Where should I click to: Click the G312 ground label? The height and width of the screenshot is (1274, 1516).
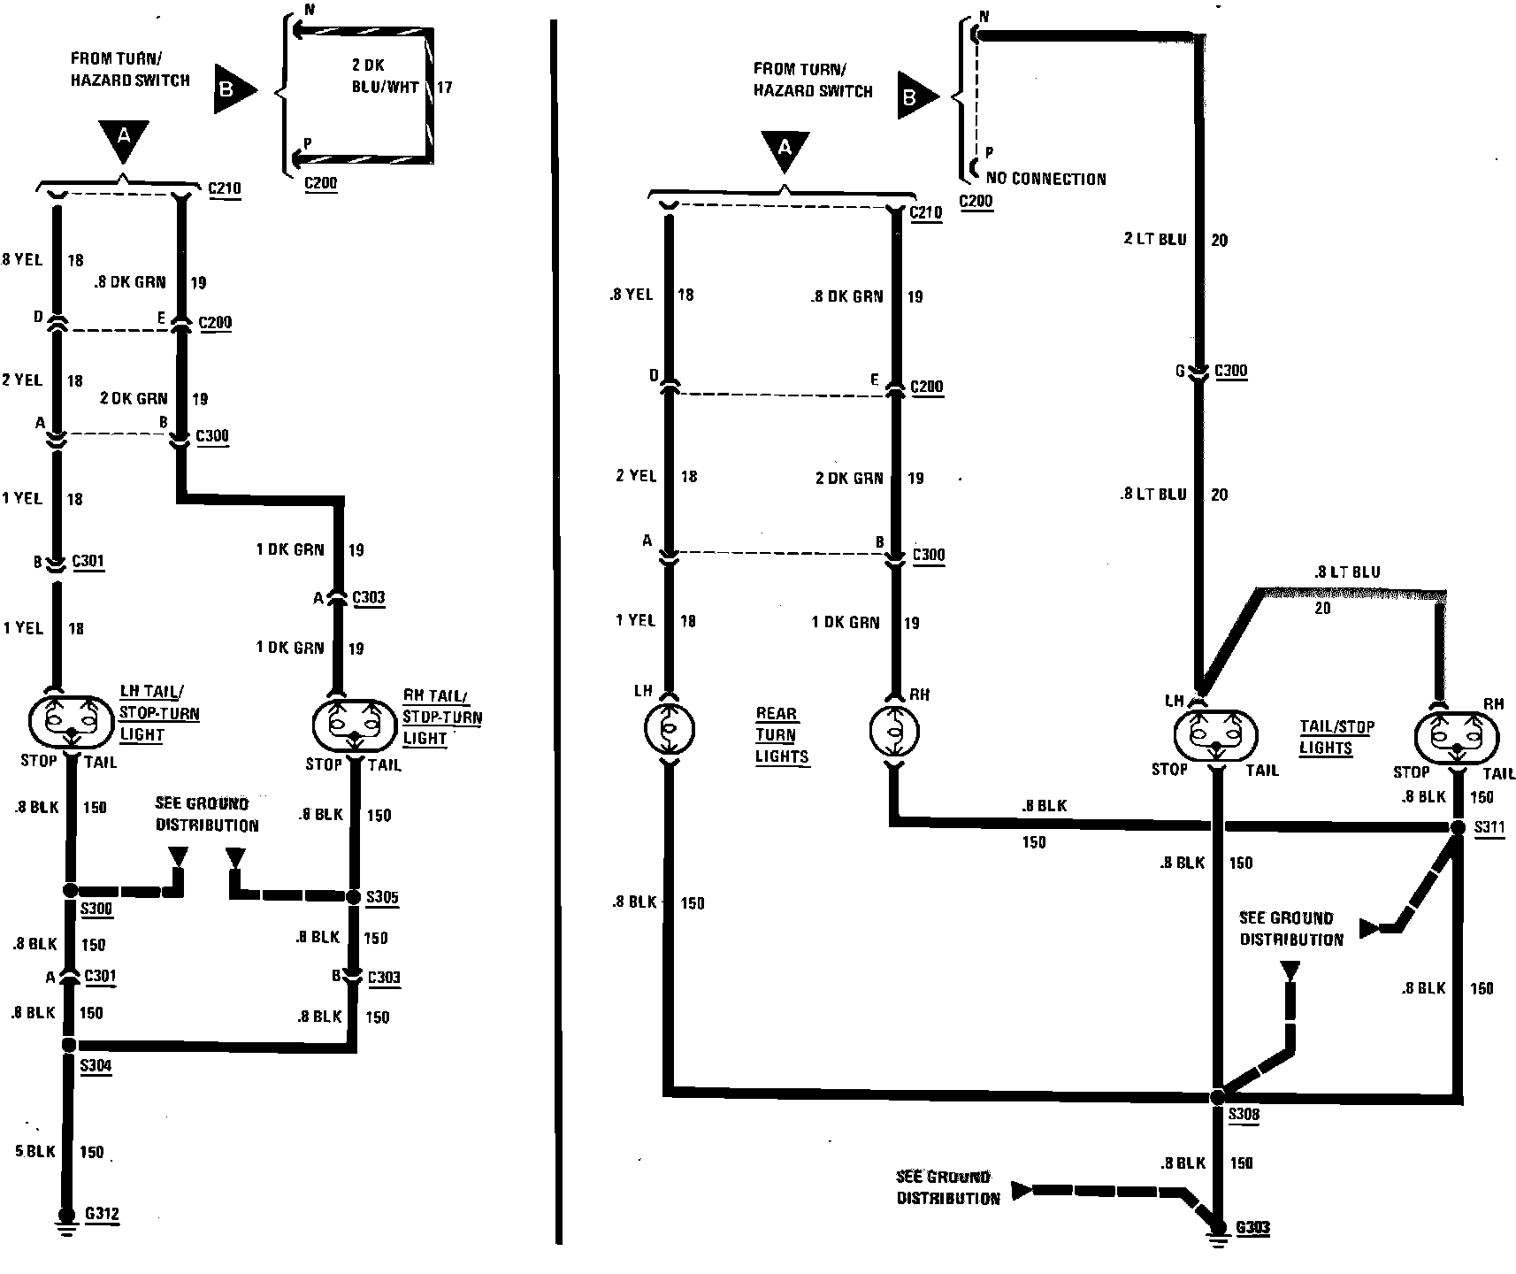(x=102, y=1214)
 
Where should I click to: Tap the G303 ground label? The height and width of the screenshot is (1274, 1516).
(x=1252, y=1227)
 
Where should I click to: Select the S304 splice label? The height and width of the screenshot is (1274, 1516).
(x=96, y=1065)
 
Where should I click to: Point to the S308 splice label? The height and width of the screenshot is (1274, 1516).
(x=1244, y=1115)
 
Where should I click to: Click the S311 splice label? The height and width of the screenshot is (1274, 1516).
(x=1489, y=829)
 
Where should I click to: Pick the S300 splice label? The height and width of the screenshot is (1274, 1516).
(x=96, y=909)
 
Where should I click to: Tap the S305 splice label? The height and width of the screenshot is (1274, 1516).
(x=382, y=897)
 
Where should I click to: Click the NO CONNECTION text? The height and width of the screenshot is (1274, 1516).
(x=1045, y=179)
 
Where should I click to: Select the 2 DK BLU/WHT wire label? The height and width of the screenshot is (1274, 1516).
(x=385, y=76)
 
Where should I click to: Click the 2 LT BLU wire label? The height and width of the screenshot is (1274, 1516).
(x=1155, y=240)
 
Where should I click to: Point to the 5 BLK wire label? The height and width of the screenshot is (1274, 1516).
(x=34, y=1151)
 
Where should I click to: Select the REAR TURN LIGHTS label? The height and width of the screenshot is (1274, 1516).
(x=781, y=734)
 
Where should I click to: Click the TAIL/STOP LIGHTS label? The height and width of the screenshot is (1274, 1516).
(x=1336, y=737)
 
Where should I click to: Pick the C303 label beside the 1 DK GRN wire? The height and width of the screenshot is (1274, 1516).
(x=368, y=597)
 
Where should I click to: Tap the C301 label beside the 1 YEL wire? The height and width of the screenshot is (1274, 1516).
(x=88, y=561)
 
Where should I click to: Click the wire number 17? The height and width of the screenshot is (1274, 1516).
(x=444, y=88)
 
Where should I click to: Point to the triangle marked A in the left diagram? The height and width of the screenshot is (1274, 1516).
(x=124, y=139)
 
